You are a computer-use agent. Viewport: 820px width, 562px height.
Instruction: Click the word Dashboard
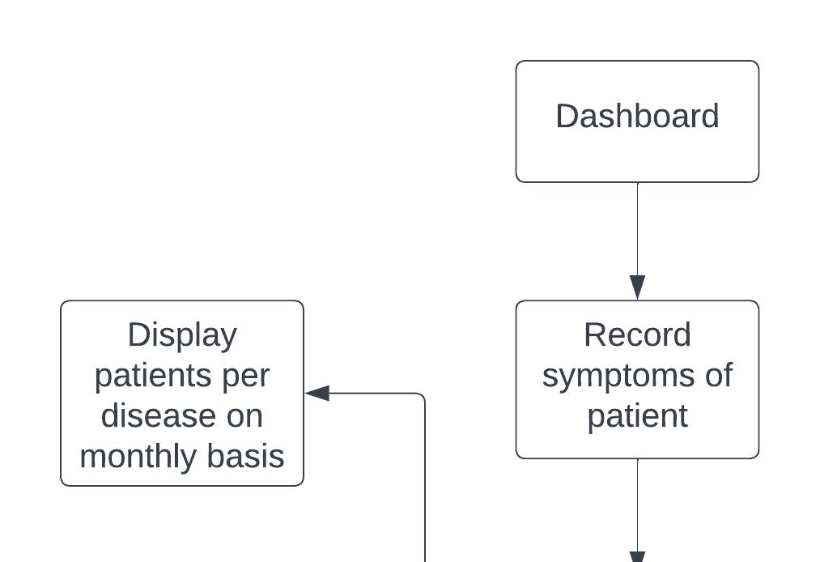(637, 116)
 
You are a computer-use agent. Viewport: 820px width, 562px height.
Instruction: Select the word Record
(637, 335)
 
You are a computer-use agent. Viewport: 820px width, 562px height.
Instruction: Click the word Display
(182, 336)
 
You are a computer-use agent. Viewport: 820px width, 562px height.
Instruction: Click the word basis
(246, 456)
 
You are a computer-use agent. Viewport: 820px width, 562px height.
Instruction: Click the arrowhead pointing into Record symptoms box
(637, 287)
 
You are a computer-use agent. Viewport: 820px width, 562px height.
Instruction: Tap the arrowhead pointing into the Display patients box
(317, 393)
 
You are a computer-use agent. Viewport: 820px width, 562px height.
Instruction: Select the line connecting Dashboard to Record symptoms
(637, 229)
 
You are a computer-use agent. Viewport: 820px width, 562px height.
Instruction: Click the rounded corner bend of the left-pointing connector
(422, 396)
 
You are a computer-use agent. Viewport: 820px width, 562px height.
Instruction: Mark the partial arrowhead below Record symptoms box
(637, 557)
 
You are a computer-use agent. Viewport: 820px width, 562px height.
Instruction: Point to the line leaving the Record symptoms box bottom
(637, 505)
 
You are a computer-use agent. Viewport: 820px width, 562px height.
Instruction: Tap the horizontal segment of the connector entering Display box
(373, 393)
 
